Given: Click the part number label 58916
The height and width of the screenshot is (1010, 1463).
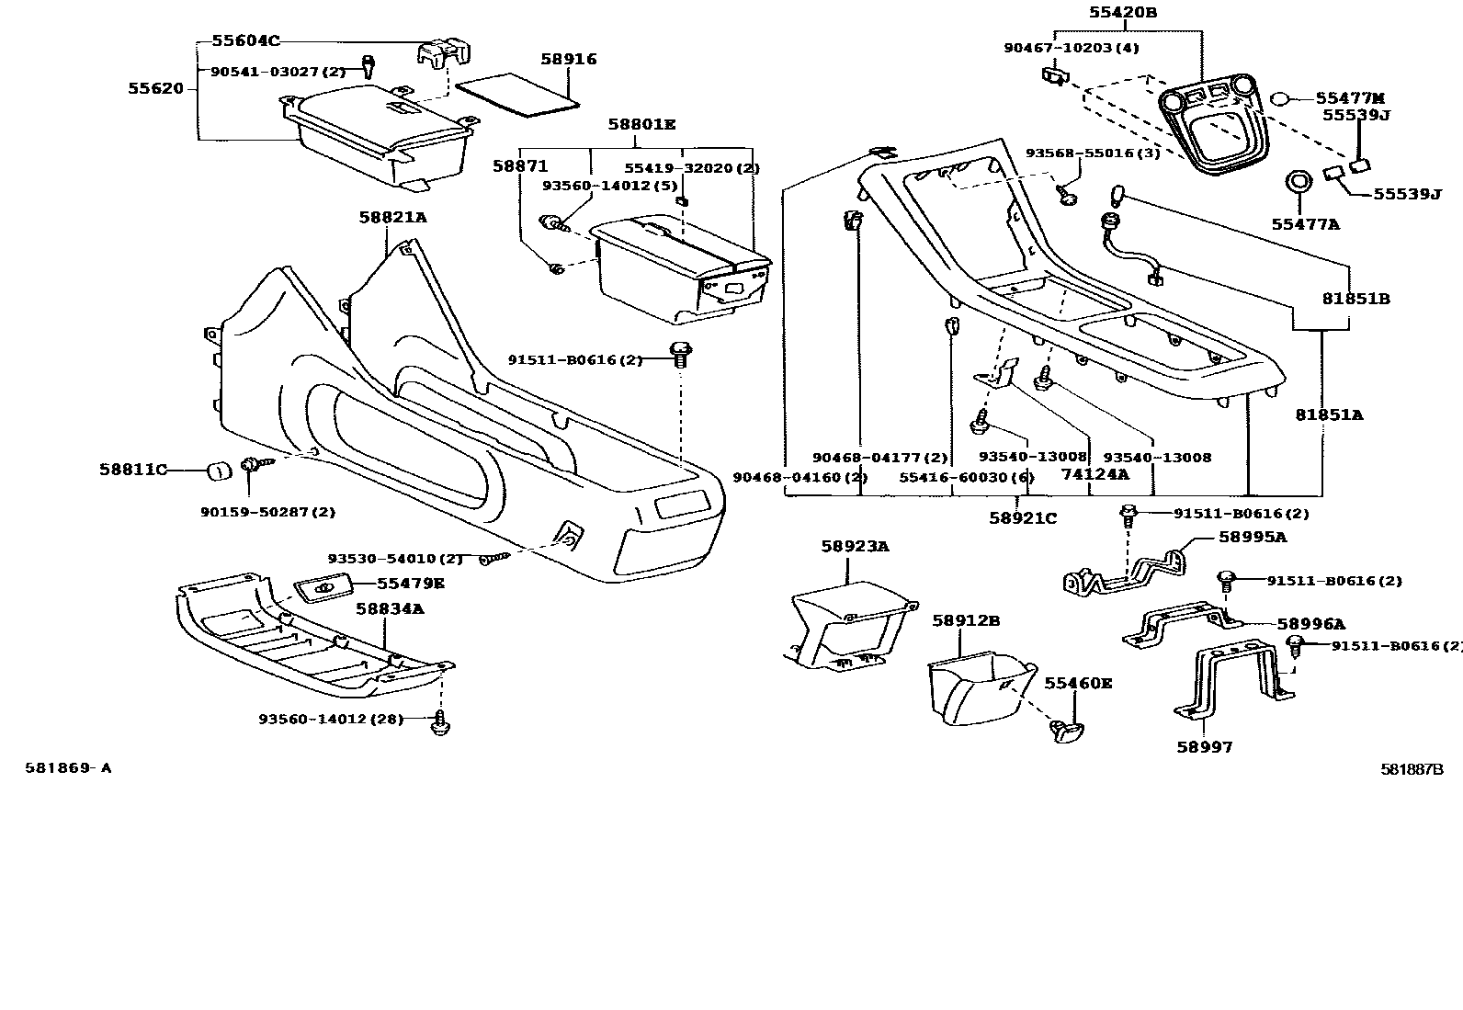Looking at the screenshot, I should click(x=568, y=59).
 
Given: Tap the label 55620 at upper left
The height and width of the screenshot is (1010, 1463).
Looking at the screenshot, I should click(x=155, y=89).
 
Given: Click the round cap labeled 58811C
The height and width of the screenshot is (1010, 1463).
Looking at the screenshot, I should click(x=218, y=471).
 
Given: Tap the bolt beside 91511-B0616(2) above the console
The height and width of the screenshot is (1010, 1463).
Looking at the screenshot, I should click(x=681, y=353).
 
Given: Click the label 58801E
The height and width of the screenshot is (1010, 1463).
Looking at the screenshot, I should click(x=641, y=124).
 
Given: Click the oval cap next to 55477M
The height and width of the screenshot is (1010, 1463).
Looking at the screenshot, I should click(x=1282, y=98).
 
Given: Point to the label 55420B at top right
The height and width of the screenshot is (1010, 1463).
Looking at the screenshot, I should click(x=1123, y=13).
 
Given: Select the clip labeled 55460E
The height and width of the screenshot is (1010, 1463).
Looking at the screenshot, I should click(x=1065, y=730).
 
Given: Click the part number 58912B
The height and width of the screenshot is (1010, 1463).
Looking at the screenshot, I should click(x=965, y=620).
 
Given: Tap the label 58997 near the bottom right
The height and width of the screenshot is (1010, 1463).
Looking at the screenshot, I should click(x=1204, y=747).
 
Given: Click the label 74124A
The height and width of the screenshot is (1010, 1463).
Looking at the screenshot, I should click(x=1094, y=474).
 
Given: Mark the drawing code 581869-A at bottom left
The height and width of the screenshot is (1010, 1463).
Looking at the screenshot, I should click(x=68, y=768).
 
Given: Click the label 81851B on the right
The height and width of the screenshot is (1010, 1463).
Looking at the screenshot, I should click(x=1356, y=299).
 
